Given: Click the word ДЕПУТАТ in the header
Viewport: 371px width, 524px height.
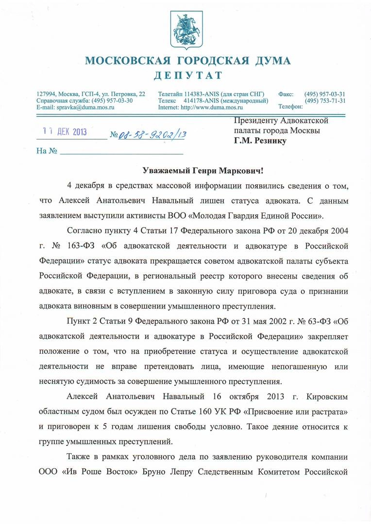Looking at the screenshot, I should pyautogui.click(x=188, y=75).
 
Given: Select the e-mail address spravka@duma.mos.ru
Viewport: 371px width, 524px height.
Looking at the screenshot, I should pyautogui.click(x=85, y=107).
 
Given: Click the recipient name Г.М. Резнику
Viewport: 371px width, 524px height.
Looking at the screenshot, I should pyautogui.click(x=260, y=141).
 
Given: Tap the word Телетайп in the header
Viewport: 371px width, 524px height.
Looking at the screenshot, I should pyautogui.click(x=172, y=94).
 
